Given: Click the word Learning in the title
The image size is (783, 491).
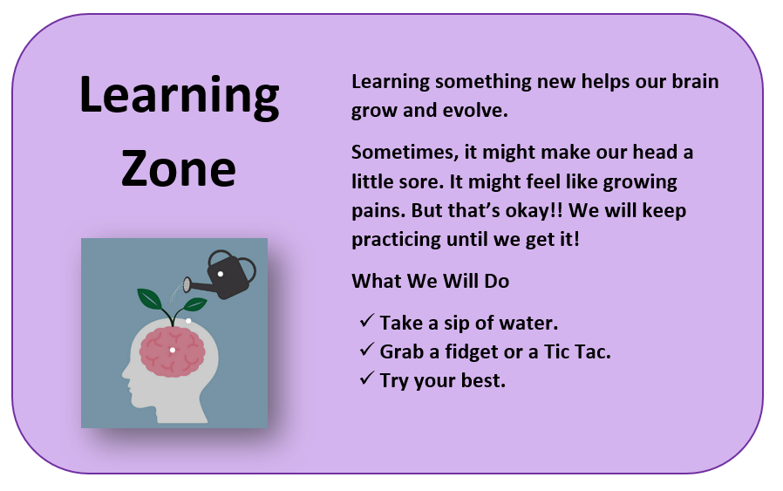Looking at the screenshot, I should coord(179,97).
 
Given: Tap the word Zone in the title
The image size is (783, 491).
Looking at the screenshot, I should coord(179,168).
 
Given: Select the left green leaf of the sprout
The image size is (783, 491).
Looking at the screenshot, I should coord(151,299).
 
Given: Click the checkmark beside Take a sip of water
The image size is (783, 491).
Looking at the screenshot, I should coord(366,322).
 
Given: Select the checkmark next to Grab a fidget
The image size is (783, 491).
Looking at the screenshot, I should coord(366,351).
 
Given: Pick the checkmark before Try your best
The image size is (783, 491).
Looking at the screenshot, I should coord(366,379).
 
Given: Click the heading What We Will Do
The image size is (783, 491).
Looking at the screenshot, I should coord(430,281).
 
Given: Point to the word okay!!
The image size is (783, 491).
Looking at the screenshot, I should coord(551,212).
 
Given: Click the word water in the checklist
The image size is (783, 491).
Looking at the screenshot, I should coord(528,323).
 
